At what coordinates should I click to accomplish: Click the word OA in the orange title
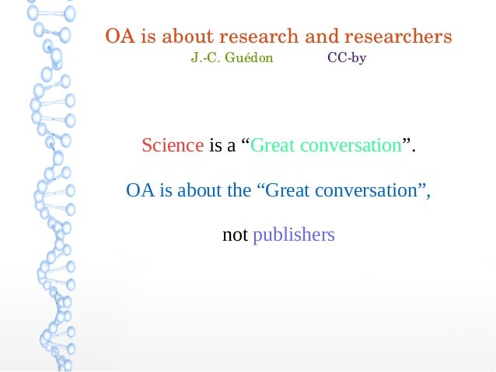117,37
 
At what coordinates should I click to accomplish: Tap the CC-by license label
347,58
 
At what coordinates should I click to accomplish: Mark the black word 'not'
235,234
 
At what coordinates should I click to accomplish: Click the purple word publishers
294,235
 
